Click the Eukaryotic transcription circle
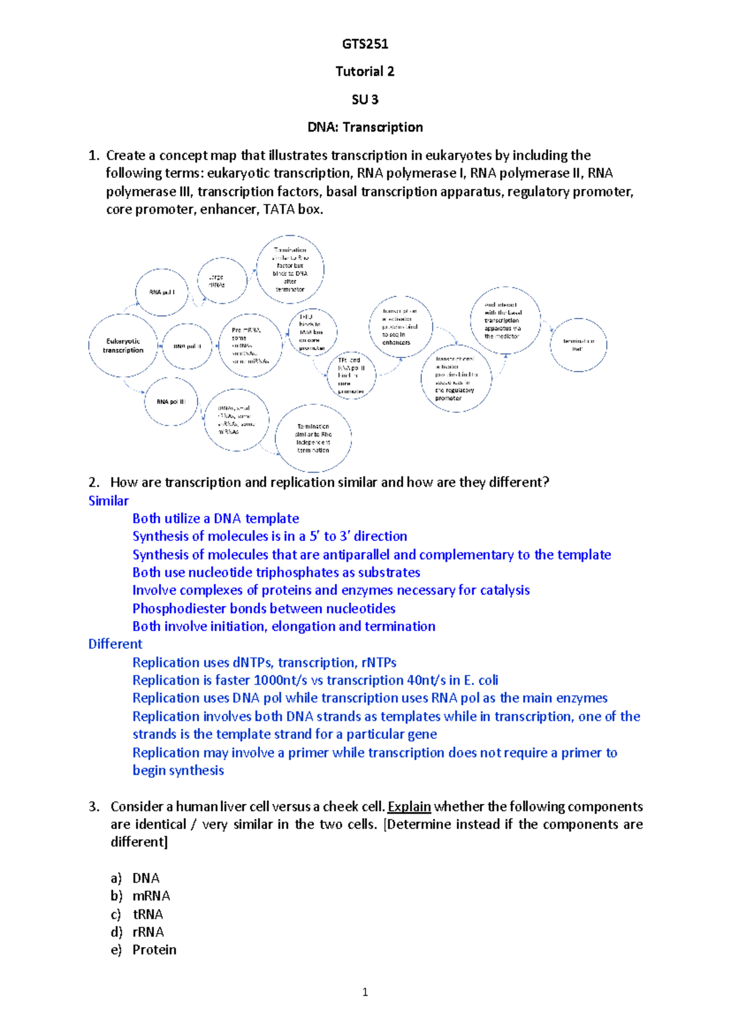123,345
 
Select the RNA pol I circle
161,292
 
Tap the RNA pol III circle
171,401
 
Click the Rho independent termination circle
313,438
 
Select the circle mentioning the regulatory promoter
456,378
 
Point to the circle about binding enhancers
401,326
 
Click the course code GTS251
365,44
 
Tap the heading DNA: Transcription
365,127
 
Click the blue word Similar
108,501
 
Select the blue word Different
115,644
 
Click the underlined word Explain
409,806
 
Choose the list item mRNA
151,896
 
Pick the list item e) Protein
154,950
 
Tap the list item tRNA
148,914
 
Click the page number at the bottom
365,992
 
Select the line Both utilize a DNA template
216,518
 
